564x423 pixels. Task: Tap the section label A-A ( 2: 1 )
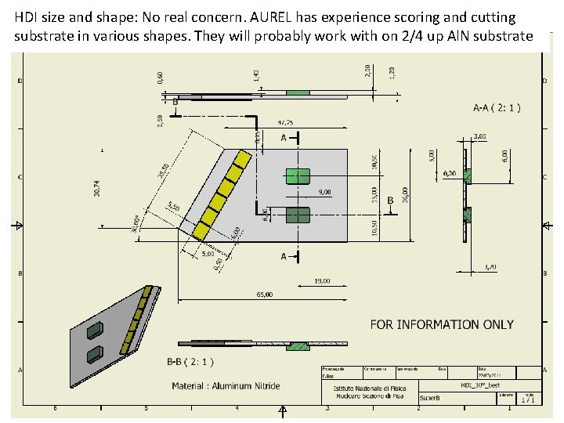point(497,107)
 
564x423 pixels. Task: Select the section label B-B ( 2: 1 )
point(190,362)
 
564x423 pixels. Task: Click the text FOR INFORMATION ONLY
point(442,324)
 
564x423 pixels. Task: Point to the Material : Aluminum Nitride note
point(226,385)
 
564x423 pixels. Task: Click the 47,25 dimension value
point(286,123)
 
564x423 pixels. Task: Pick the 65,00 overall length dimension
point(265,295)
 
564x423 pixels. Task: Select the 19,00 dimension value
point(322,280)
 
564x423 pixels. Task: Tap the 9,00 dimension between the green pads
point(324,192)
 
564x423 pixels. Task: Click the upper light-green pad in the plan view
point(298,176)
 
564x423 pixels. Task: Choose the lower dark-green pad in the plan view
point(298,215)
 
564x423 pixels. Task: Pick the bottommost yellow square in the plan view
point(201,231)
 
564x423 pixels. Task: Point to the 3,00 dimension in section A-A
point(479,136)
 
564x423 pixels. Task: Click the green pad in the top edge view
point(298,92)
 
